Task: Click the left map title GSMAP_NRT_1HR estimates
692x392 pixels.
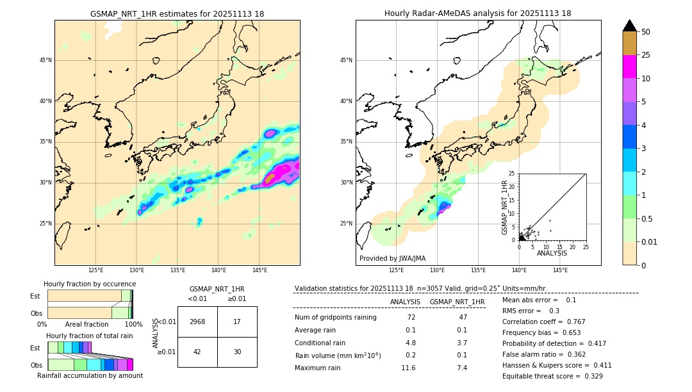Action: click(177, 13)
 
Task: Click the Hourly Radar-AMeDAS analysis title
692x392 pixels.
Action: click(477, 13)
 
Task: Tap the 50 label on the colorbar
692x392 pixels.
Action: click(646, 32)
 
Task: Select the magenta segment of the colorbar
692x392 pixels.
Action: click(629, 67)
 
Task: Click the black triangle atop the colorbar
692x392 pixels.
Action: click(629, 26)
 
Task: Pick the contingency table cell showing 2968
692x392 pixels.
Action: click(197, 322)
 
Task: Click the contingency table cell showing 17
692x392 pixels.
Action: click(237, 322)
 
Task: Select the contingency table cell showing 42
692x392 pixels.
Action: click(197, 352)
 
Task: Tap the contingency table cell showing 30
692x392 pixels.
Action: click(237, 352)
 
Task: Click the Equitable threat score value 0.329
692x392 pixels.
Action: click(588, 376)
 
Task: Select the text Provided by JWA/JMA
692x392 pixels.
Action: click(392, 258)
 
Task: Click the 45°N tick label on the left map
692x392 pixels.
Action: click(45, 60)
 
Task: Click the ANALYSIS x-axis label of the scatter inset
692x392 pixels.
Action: click(552, 253)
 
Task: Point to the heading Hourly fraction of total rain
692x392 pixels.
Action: click(89, 336)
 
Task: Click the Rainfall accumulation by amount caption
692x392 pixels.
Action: click(89, 375)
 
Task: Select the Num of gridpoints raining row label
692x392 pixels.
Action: click(335, 317)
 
